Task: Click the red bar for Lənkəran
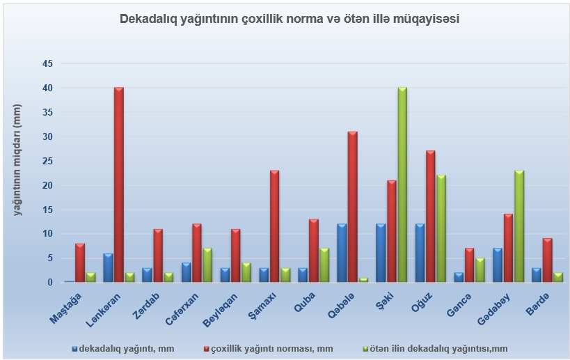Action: pos(119,185)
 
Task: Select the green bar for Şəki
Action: pos(402,185)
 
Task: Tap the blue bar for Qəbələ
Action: pos(342,253)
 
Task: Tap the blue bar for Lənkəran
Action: pos(108,267)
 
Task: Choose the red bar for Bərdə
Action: pos(548,260)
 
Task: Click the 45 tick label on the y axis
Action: pos(47,64)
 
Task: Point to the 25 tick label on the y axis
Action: pos(47,161)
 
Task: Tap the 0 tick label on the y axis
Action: pos(50,283)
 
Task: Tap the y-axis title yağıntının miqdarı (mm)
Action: pos(18,159)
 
